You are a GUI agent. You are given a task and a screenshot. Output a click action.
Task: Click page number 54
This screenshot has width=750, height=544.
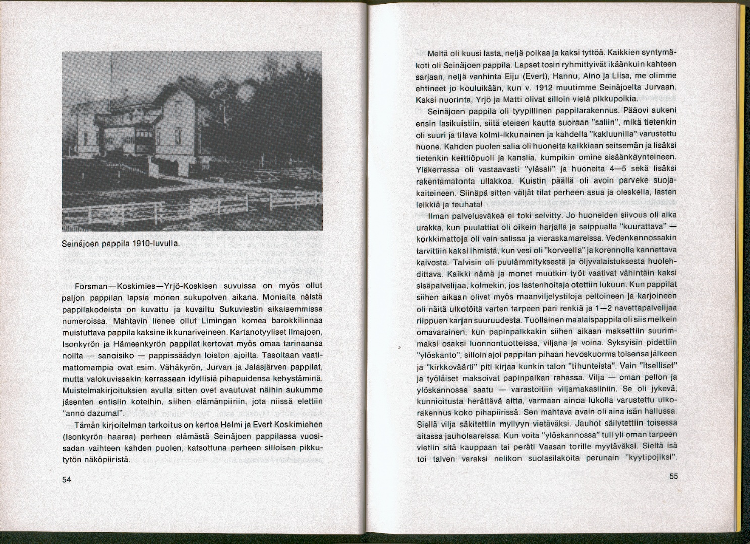point(67,479)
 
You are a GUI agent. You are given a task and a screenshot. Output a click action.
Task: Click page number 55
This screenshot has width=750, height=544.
point(674,476)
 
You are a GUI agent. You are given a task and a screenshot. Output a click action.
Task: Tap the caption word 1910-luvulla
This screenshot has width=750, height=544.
point(156,244)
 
